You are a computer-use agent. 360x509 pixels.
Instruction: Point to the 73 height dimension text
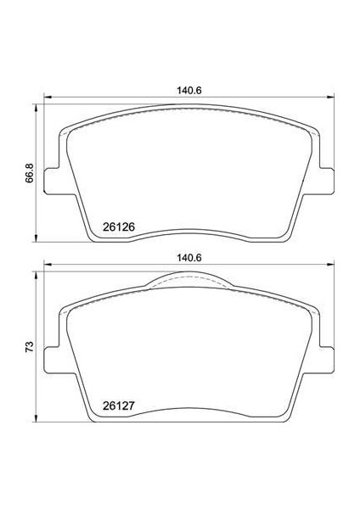pyautogui.click(x=30, y=347)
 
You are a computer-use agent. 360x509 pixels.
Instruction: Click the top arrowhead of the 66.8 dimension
pyautogui.click(x=37, y=107)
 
